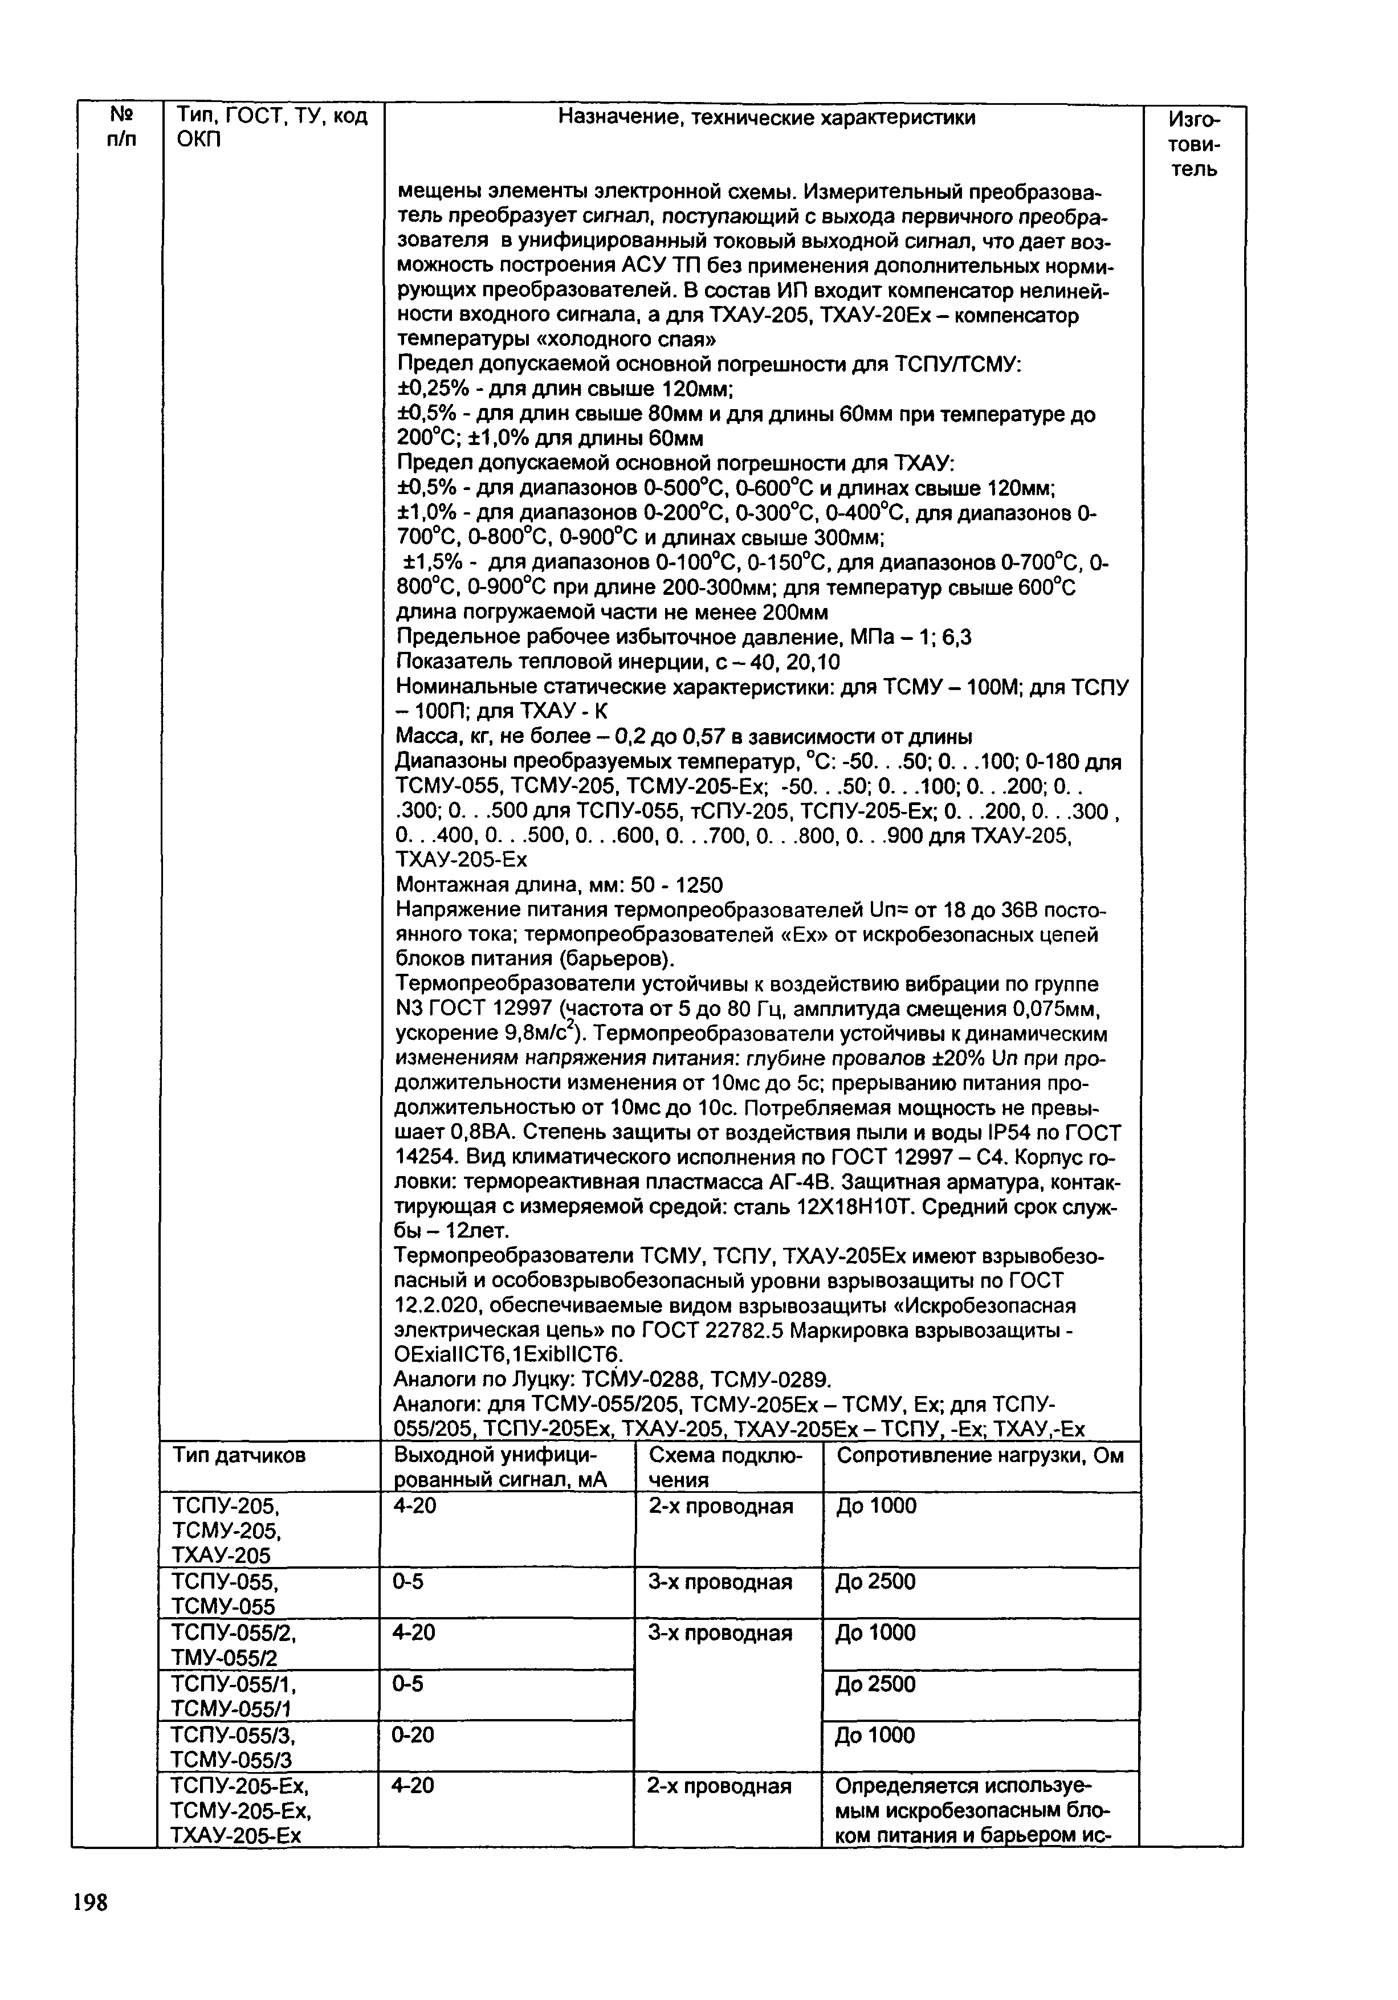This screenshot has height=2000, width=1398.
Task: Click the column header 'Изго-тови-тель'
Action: [x=1193, y=144]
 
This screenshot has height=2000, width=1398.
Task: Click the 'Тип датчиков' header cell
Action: [x=239, y=1456]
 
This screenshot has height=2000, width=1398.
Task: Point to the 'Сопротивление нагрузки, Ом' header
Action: [x=979, y=1456]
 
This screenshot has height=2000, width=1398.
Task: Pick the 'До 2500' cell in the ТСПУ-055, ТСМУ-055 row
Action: [x=875, y=1582]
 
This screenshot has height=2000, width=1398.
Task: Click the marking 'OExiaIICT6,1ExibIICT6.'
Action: [x=510, y=1354]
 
